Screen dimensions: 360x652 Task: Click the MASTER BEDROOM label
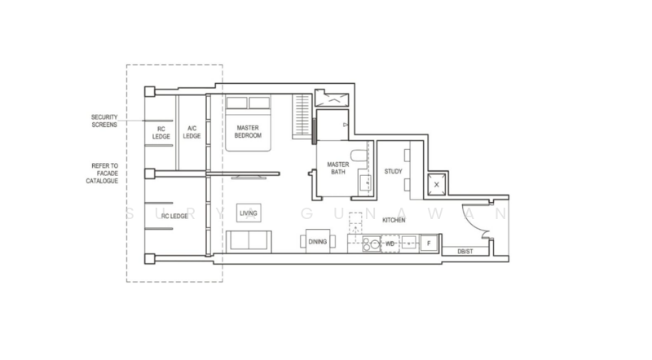(x=249, y=132)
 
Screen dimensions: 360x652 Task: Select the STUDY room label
(x=394, y=172)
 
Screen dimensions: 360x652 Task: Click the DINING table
(x=317, y=241)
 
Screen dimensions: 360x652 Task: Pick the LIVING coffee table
(x=249, y=213)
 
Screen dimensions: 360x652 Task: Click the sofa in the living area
(x=250, y=240)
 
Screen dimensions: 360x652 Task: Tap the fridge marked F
(x=429, y=243)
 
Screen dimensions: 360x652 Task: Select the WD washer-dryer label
(x=390, y=243)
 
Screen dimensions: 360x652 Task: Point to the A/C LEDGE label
(x=192, y=132)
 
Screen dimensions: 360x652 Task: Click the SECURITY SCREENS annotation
(x=104, y=121)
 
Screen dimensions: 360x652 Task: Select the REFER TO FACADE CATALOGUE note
(x=105, y=173)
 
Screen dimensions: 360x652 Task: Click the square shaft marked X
(x=438, y=185)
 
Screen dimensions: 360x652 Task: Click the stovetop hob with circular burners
(x=372, y=243)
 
